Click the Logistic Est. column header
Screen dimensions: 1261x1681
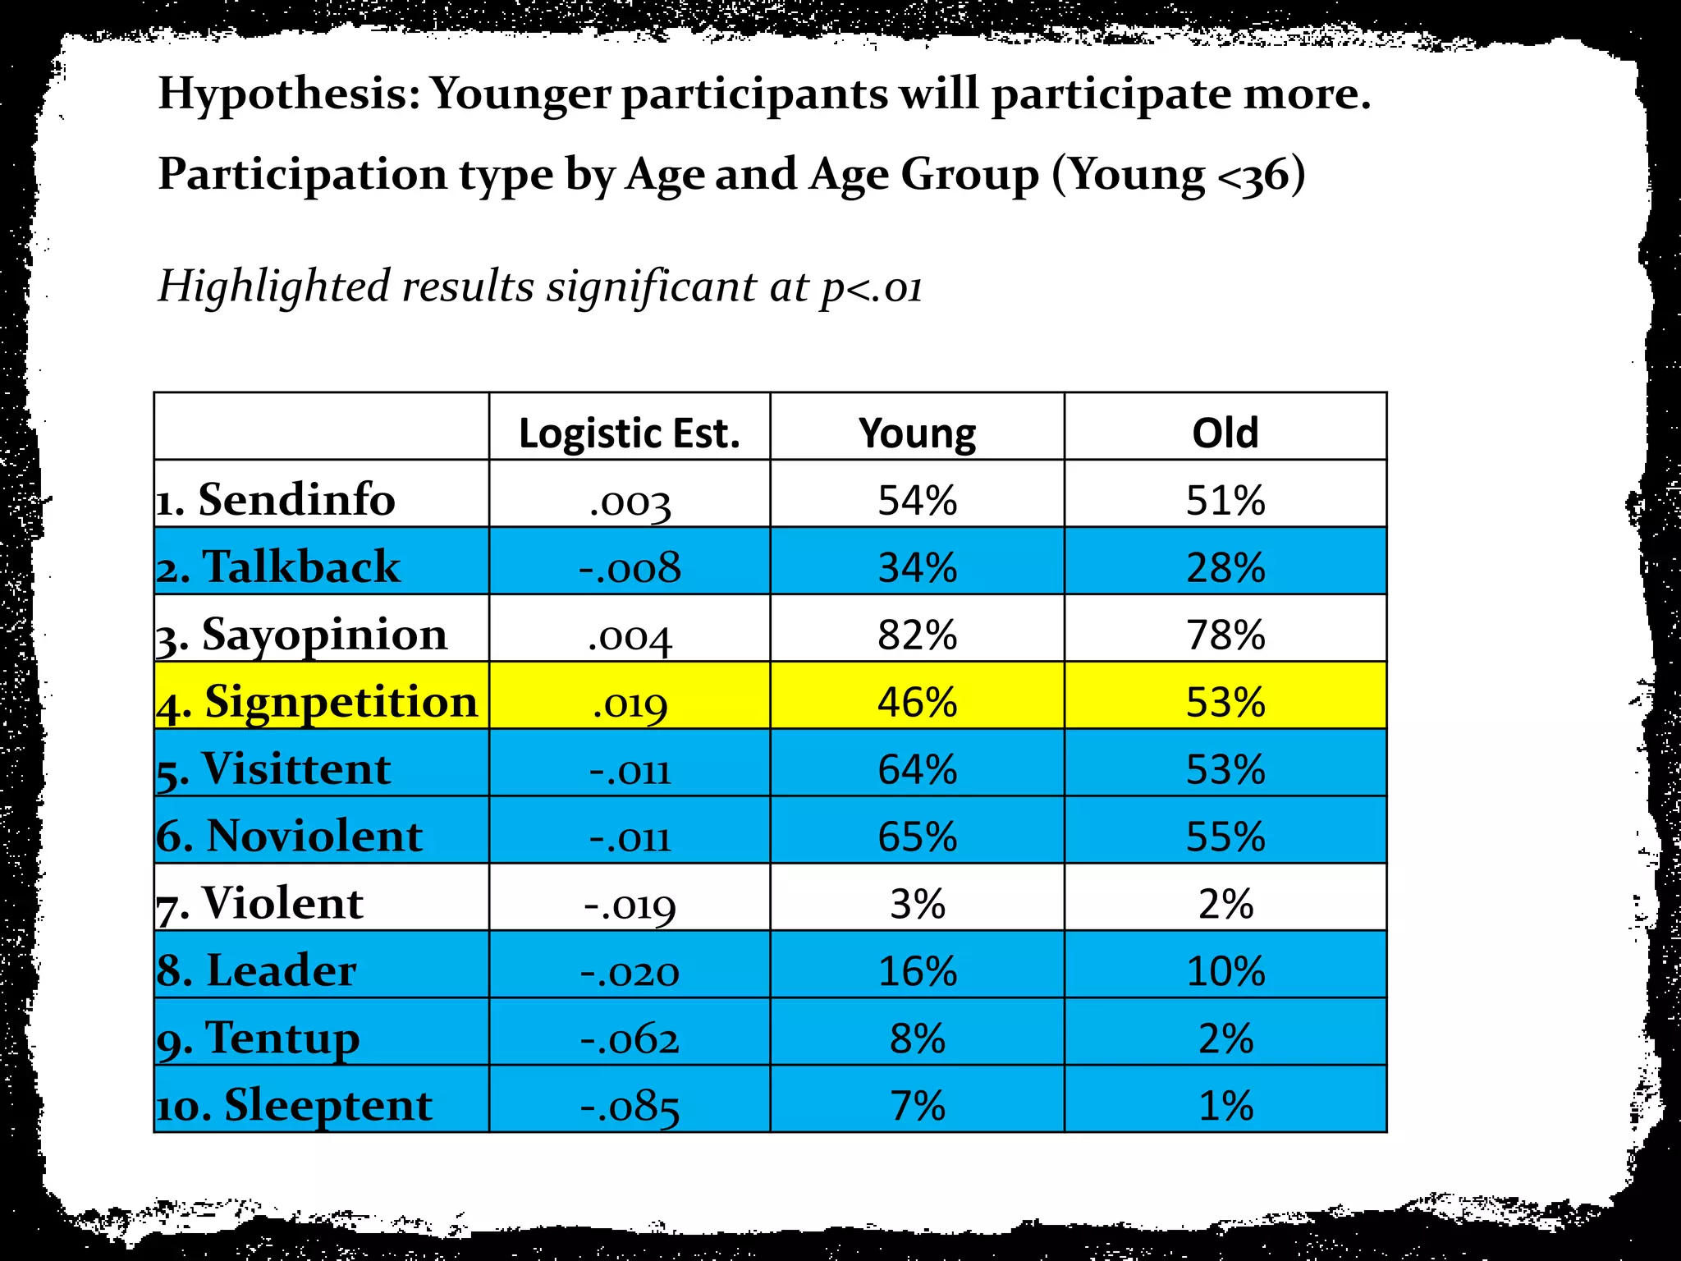(629, 433)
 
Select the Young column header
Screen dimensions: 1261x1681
(917, 433)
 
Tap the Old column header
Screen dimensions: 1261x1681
(1225, 433)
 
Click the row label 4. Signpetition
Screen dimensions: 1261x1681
(318, 702)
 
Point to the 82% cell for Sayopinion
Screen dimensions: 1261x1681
(917, 635)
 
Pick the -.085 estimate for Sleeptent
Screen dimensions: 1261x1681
(630, 1106)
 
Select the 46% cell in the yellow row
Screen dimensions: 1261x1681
(917, 702)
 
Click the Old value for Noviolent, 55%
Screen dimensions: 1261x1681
(1225, 837)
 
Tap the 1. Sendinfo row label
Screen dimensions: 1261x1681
(277, 500)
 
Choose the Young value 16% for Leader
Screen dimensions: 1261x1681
(917, 971)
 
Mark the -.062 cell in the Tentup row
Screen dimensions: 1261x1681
(630, 1039)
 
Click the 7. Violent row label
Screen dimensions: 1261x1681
(260, 904)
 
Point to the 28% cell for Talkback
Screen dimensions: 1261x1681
(1225, 567)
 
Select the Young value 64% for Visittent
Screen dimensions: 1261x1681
(917, 769)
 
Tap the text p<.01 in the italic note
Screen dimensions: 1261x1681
(871, 287)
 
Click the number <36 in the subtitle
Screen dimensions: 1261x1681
(1254, 176)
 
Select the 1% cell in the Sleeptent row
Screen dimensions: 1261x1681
(1225, 1106)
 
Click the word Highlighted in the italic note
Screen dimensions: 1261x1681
(273, 287)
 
